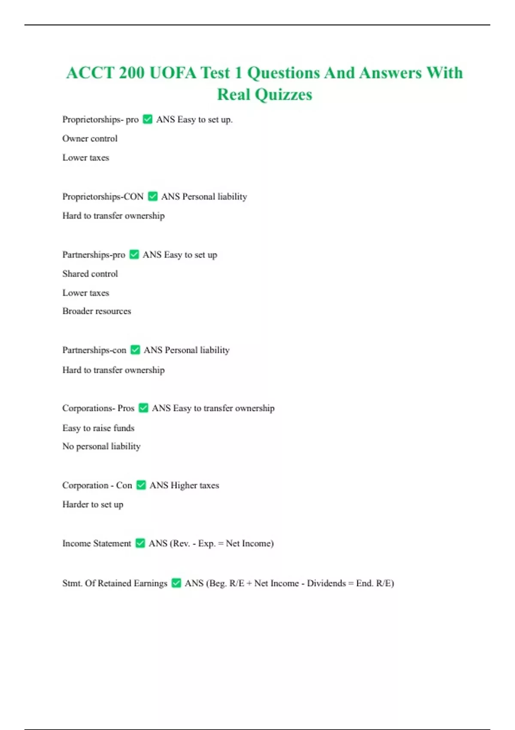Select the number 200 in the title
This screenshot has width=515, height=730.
132,73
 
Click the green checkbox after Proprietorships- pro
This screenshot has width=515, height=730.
148,119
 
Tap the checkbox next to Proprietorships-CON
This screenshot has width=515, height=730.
153,197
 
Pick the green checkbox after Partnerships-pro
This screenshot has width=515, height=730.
134,255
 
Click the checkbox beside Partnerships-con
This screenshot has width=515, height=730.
136,350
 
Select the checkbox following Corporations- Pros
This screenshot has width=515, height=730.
144,408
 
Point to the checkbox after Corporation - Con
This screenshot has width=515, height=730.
141,485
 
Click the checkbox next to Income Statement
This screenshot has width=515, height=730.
140,543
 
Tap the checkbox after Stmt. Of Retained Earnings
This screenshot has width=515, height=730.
176,583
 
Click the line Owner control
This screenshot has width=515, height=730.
90,139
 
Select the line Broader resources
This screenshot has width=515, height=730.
97,311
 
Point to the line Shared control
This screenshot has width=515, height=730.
90,274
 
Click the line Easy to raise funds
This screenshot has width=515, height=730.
98,428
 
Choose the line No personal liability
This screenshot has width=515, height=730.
101,447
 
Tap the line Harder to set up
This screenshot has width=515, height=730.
93,505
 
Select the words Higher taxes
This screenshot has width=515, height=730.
195,485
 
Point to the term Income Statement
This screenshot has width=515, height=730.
97,543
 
